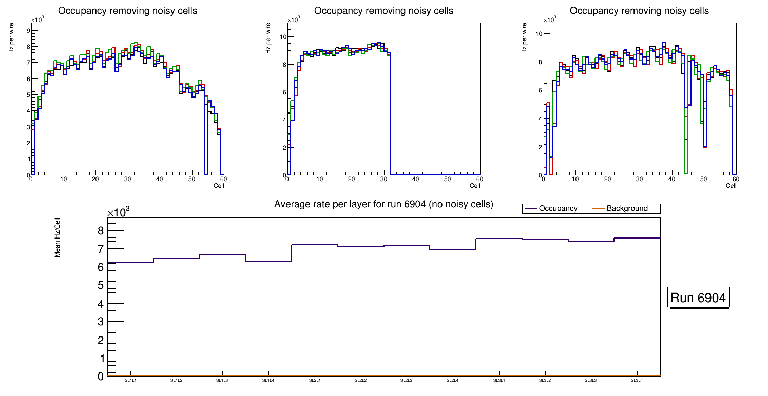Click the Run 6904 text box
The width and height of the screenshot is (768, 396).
pyautogui.click(x=699, y=298)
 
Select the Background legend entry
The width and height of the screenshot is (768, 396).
pyautogui.click(x=627, y=208)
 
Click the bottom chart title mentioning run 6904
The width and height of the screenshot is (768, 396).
pyautogui.click(x=383, y=204)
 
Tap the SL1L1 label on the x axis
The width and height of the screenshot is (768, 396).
pyautogui.click(x=130, y=380)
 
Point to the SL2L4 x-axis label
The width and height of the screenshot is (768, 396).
pyautogui.click(x=452, y=380)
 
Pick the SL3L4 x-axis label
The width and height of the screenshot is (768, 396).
pyautogui.click(x=637, y=380)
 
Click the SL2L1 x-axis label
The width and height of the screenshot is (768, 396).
pyautogui.click(x=314, y=380)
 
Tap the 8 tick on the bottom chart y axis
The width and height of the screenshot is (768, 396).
pyautogui.click(x=101, y=230)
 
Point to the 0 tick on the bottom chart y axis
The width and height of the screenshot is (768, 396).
pyautogui.click(x=101, y=377)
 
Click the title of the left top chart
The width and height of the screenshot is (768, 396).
pyautogui.click(x=127, y=11)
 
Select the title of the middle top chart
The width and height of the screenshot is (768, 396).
pyautogui.click(x=383, y=11)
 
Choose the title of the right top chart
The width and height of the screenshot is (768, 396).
pyautogui.click(x=639, y=11)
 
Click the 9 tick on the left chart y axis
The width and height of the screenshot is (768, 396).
pyautogui.click(x=27, y=30)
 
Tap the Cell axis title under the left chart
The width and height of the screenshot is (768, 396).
pyautogui.click(x=219, y=185)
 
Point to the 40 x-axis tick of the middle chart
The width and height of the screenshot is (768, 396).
pyautogui.click(x=416, y=179)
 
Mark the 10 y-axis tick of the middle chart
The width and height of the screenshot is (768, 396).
pyautogui.click(x=282, y=36)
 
